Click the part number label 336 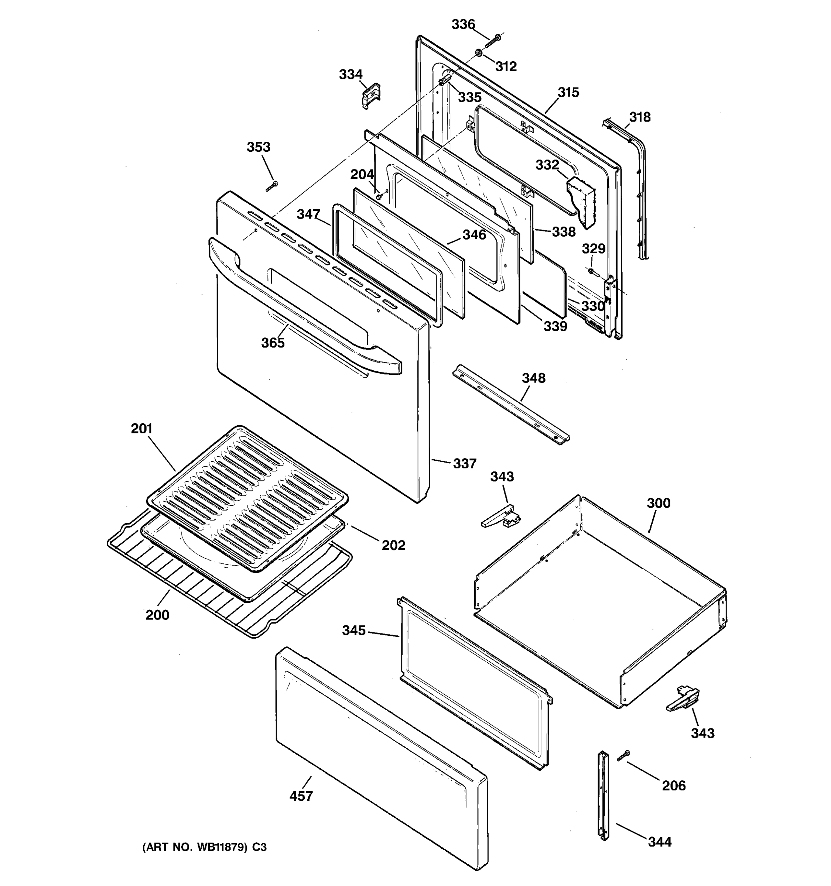pyautogui.click(x=463, y=24)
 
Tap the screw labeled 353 pyautogui.click(x=271, y=186)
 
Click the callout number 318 pyautogui.click(x=640, y=117)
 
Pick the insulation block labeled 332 pyautogui.click(x=581, y=200)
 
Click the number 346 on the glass pyautogui.click(x=474, y=234)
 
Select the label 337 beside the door pyautogui.click(x=465, y=464)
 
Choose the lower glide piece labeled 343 pyautogui.click(x=683, y=699)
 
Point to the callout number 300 pyautogui.click(x=658, y=503)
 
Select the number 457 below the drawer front pyautogui.click(x=301, y=796)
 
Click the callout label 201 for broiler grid pyautogui.click(x=142, y=428)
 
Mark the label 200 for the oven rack pyautogui.click(x=157, y=615)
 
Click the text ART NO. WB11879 pyautogui.click(x=195, y=847)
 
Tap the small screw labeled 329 pyautogui.click(x=591, y=271)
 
